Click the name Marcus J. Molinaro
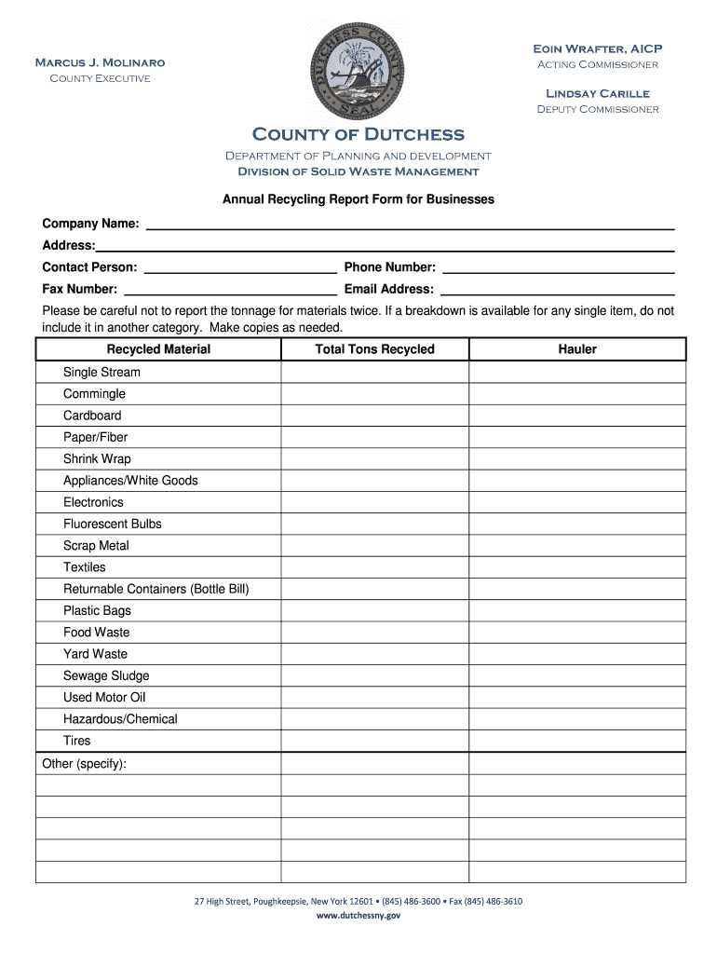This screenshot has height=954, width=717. (x=100, y=62)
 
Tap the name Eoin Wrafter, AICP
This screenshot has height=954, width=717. (x=597, y=48)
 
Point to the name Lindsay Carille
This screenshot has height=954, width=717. (x=597, y=93)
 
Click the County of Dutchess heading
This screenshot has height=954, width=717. (x=358, y=135)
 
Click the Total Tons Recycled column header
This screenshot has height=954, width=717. (x=374, y=349)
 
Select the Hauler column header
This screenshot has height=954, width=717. (x=577, y=349)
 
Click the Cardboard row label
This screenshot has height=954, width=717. (x=92, y=416)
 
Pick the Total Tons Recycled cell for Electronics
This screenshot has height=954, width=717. (x=374, y=502)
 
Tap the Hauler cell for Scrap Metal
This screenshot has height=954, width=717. (x=577, y=546)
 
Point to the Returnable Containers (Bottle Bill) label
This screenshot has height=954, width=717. (x=156, y=589)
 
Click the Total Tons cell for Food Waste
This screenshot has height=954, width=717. (x=374, y=633)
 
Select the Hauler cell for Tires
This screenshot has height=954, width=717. (x=577, y=741)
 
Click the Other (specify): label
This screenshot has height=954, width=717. (x=85, y=764)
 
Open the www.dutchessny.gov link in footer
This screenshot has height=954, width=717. (x=358, y=916)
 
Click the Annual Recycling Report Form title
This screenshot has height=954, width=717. (x=358, y=199)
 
